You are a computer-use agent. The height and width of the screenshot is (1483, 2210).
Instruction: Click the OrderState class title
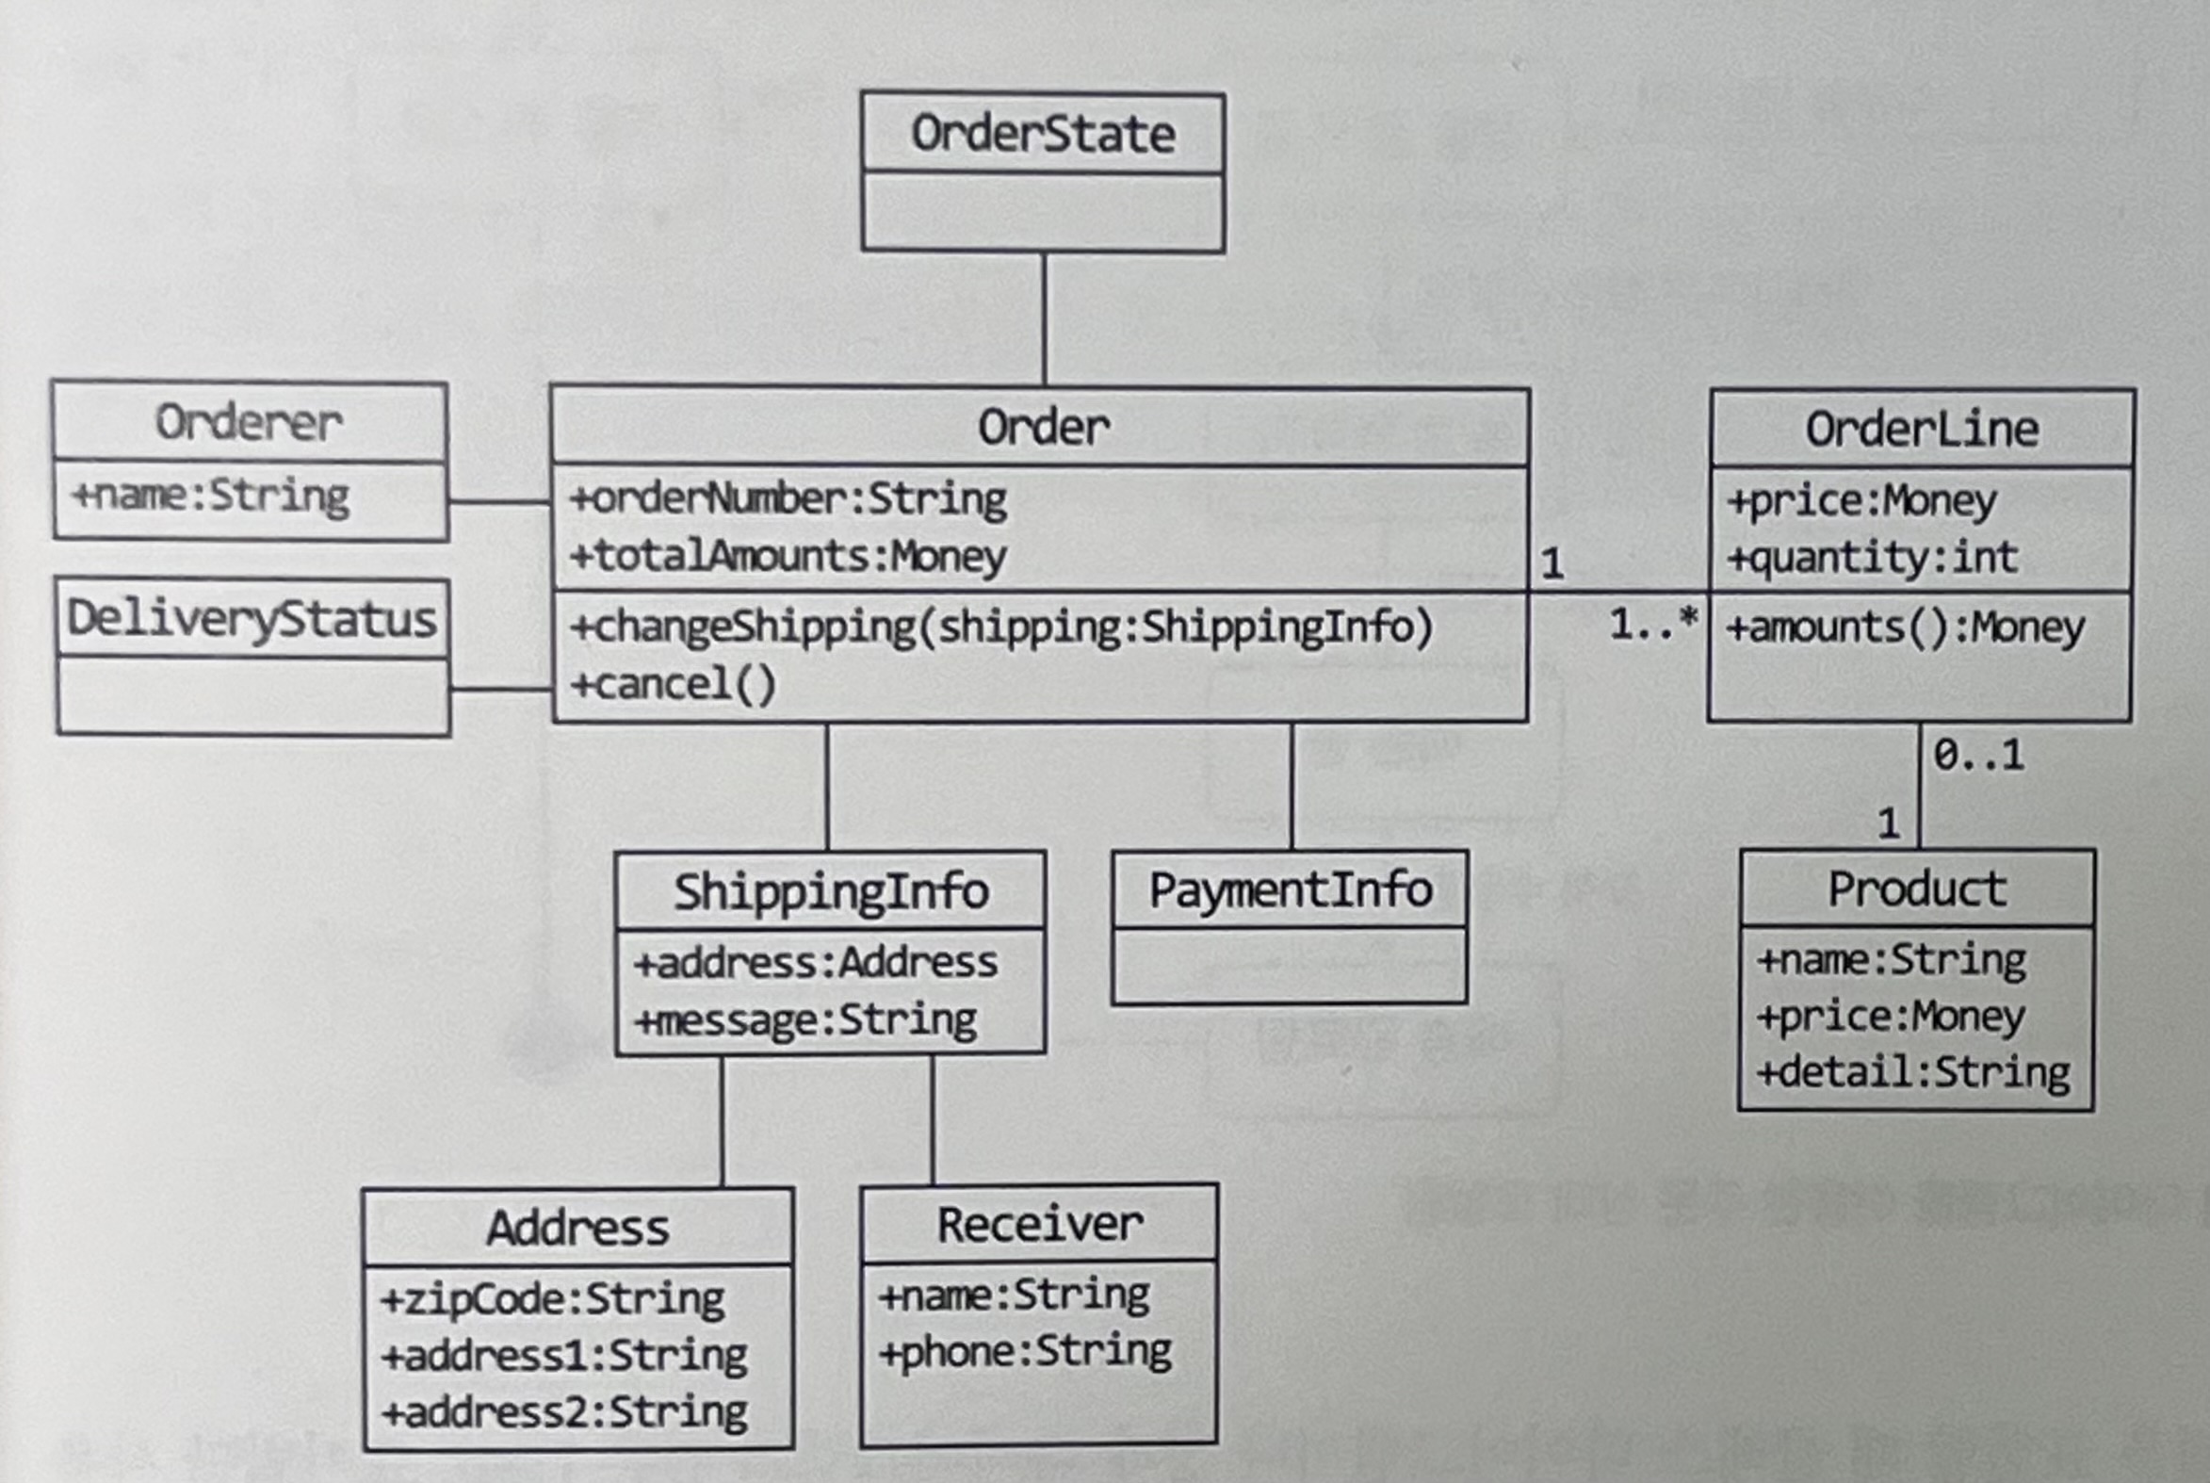pyautogui.click(x=1043, y=134)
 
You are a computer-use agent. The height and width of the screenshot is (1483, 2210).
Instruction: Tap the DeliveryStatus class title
pyautogui.click(x=252, y=620)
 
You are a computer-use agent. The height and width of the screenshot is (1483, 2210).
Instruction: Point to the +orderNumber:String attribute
pyautogui.click(x=788, y=498)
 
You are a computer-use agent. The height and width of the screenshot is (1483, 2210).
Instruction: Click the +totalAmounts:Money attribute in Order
pyautogui.click(x=788, y=555)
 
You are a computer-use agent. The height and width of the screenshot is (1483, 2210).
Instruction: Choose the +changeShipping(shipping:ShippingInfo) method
pyautogui.click(x=1001, y=627)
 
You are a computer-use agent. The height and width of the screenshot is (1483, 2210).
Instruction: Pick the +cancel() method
pyautogui.click(x=674, y=684)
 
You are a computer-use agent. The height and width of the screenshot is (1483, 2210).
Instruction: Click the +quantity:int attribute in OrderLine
pyautogui.click(x=1873, y=556)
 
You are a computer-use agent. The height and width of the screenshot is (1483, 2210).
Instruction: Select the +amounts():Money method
pyautogui.click(x=1906, y=627)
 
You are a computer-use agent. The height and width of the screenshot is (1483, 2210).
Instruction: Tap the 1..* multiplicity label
pyautogui.click(x=1653, y=625)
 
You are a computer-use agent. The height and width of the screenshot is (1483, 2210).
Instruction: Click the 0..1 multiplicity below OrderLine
pyautogui.click(x=1978, y=755)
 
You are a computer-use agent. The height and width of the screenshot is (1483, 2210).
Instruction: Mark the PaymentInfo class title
pyautogui.click(x=1290, y=890)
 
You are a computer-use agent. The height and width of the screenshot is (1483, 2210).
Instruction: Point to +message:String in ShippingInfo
pyautogui.click(x=805, y=1020)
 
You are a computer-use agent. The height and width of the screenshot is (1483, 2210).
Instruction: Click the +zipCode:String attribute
pyautogui.click(x=552, y=1298)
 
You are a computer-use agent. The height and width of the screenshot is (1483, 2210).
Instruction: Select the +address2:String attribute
pyautogui.click(x=564, y=1412)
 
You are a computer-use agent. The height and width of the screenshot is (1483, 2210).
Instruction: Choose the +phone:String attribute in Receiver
pyautogui.click(x=1025, y=1350)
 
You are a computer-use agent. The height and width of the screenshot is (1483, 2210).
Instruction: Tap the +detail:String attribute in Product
pyautogui.click(x=1913, y=1072)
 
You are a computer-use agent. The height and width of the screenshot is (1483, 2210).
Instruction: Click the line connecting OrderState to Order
pyautogui.click(x=1044, y=318)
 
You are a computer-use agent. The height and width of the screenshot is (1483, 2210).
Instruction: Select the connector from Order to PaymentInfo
pyautogui.click(x=1292, y=786)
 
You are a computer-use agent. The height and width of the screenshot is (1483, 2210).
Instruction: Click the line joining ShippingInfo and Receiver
pyautogui.click(x=933, y=1119)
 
